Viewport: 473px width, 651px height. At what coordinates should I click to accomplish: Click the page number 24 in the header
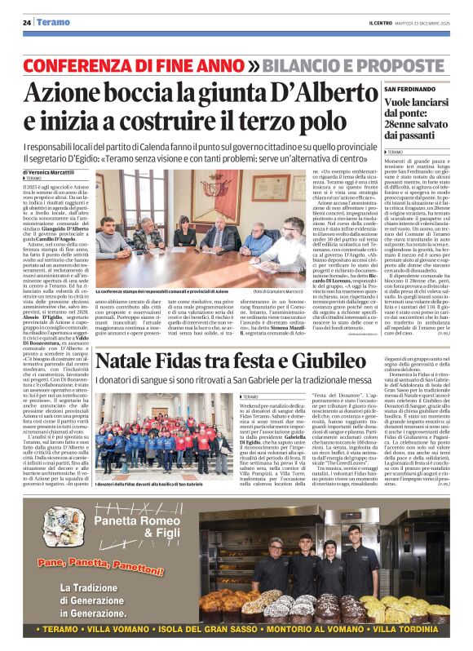(x=26, y=22)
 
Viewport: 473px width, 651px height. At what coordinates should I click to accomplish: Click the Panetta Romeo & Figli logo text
(x=148, y=526)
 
